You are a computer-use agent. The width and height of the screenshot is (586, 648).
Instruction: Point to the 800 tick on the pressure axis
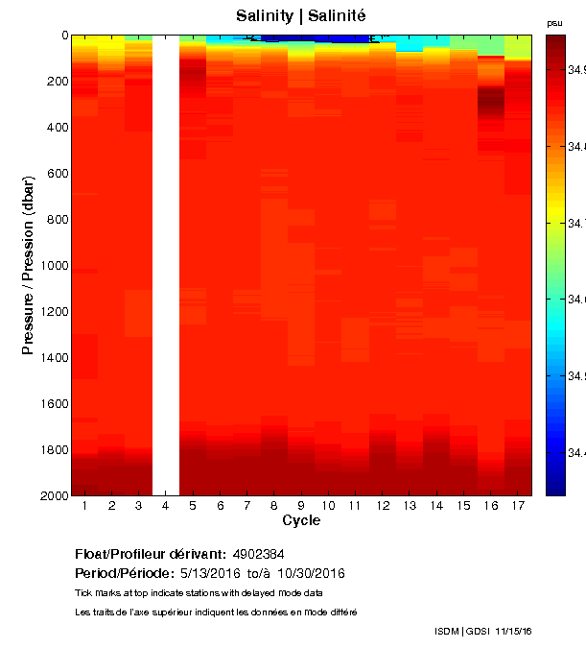57,219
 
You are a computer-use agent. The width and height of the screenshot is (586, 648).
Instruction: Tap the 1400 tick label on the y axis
53,357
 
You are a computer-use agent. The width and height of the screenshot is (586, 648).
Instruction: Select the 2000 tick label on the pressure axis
53,495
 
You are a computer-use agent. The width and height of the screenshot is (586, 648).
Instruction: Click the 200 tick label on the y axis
57,81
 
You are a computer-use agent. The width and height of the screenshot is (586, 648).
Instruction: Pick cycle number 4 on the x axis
166,506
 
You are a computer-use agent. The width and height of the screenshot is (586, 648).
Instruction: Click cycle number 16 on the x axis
490,506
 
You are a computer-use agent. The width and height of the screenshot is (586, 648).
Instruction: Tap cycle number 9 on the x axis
301,506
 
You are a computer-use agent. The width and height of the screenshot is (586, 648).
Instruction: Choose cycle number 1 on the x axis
85,506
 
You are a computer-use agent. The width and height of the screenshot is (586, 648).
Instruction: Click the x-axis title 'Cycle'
301,521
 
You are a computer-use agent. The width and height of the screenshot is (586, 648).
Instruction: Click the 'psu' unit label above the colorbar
554,22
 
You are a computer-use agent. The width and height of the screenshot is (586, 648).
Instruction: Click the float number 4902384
258,555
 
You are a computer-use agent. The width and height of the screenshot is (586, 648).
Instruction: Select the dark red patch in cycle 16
491,99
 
